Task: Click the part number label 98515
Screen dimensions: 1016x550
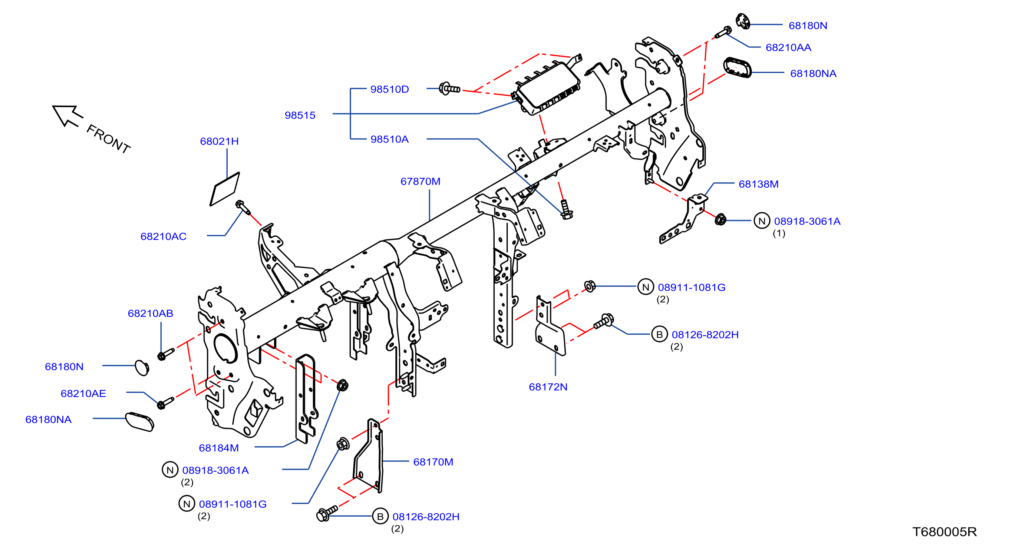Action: (x=300, y=115)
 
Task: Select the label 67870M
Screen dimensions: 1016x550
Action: (x=420, y=181)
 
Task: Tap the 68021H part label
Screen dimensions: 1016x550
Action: (x=219, y=141)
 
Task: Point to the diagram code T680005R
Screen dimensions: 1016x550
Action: (x=944, y=532)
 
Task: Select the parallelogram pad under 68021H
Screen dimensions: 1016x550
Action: (x=225, y=189)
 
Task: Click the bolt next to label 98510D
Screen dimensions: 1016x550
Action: (x=450, y=89)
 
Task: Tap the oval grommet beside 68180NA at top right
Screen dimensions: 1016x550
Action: (x=737, y=68)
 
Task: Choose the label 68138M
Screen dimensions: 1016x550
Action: (x=758, y=184)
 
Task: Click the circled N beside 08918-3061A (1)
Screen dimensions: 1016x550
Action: (x=762, y=221)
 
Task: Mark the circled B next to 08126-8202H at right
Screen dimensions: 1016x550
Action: (x=659, y=334)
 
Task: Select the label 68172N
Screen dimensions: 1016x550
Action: (x=548, y=387)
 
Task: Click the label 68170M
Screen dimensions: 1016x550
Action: (x=433, y=462)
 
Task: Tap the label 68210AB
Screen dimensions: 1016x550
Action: (x=150, y=313)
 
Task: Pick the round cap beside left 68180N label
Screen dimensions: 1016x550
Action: (x=142, y=367)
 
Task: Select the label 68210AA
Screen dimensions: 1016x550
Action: (x=788, y=47)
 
